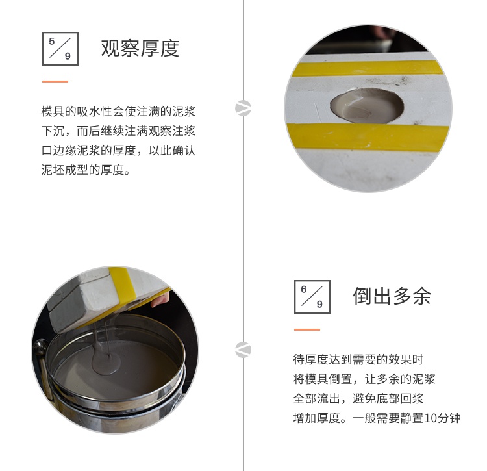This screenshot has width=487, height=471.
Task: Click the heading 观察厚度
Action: click(140, 48)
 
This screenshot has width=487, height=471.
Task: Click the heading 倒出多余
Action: click(392, 296)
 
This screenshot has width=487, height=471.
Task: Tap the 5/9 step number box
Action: click(60, 49)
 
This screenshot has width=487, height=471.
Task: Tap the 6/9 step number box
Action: click(312, 297)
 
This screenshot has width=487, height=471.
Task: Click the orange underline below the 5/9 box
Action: click(55, 81)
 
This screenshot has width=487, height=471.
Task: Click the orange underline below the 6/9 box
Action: click(307, 329)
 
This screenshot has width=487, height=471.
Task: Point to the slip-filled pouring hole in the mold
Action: click(367, 106)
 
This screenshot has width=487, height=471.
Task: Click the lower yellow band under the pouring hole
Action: click(368, 136)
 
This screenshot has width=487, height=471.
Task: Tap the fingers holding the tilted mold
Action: click(160, 299)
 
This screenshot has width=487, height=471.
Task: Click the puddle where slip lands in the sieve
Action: click(106, 362)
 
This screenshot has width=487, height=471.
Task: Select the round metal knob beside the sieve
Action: click(41, 347)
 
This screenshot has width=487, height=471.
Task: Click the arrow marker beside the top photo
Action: click(243, 108)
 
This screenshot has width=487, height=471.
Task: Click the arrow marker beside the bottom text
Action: click(243, 350)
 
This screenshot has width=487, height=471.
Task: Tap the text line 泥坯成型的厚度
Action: click(82, 170)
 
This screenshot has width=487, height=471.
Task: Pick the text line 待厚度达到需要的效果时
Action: click(358, 360)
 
